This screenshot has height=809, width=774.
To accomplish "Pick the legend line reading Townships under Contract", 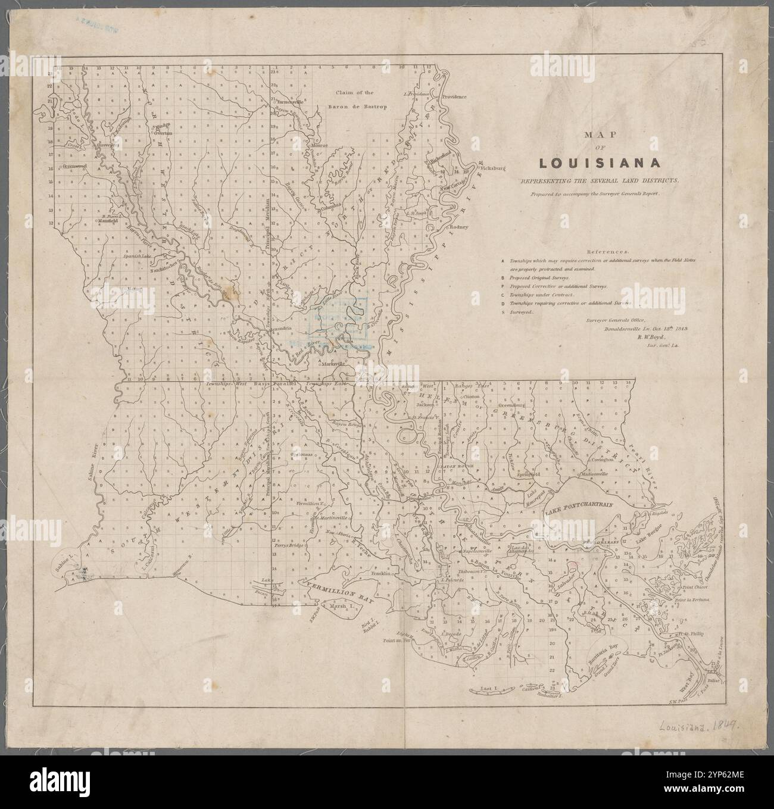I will pos(542,295).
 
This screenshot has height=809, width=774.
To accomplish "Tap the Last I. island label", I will pos(488,688).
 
